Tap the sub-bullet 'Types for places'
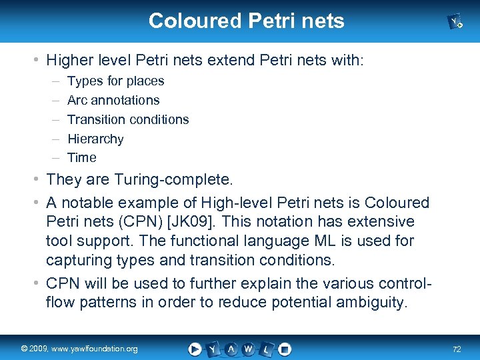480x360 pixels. coord(115,81)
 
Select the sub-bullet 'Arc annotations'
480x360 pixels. coord(113,100)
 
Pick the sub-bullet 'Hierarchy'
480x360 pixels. coord(95,139)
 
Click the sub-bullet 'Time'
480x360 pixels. coord(82,157)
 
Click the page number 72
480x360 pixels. coord(457,349)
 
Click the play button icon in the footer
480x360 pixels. coord(195,349)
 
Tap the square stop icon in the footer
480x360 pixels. coord(285,349)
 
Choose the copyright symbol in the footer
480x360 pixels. coord(24,349)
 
